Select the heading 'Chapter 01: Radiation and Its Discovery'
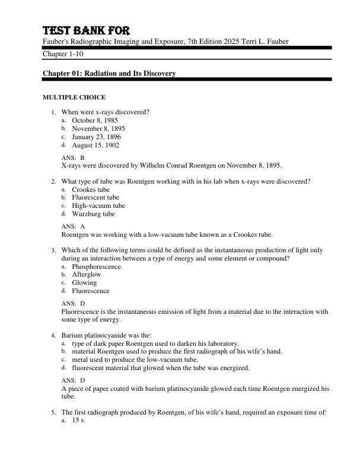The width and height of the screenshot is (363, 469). [109, 73]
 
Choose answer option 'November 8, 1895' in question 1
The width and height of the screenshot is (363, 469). [98, 129]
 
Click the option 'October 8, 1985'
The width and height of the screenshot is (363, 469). [95, 120]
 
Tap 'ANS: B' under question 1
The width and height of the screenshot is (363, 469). [73, 158]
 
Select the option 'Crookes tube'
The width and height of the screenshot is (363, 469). [91, 189]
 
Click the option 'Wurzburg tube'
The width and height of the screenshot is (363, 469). [93, 214]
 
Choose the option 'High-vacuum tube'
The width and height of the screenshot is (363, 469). [98, 206]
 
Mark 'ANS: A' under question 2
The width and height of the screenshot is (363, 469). [73, 226]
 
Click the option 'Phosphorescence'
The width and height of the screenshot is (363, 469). [96, 266]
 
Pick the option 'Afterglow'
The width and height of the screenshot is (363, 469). [87, 275]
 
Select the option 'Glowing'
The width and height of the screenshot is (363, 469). [84, 283]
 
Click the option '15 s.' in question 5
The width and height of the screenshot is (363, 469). [79, 420]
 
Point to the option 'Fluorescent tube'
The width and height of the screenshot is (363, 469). [95, 198]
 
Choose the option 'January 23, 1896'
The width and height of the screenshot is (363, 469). [96, 137]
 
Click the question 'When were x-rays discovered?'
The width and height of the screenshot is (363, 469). [106, 112]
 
